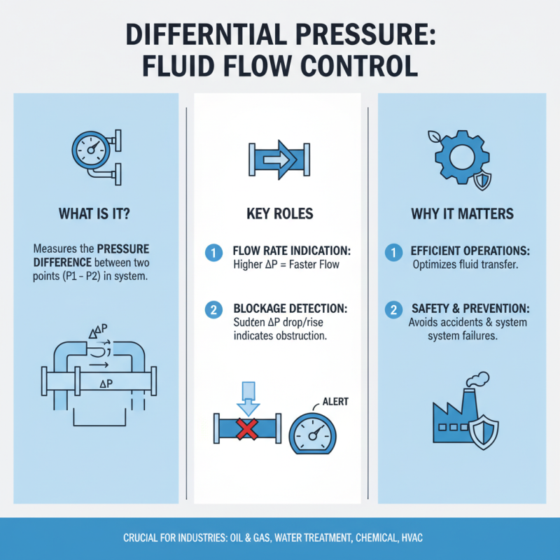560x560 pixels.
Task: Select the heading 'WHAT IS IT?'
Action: point(95,213)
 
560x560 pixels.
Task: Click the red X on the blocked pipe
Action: point(246,428)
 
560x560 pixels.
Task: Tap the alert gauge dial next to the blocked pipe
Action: point(313,435)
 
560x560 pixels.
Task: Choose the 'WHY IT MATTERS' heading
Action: point(459,213)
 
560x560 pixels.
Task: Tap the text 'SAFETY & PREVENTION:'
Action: point(469,308)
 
